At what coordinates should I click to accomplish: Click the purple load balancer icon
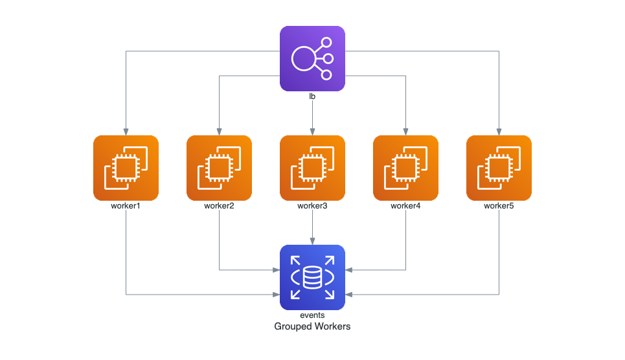click(x=312, y=58)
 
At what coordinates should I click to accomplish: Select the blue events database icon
click(x=312, y=277)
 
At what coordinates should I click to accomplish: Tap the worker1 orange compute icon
click(x=126, y=168)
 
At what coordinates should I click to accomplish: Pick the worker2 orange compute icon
click(x=219, y=168)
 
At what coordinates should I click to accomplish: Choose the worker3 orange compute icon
click(x=312, y=168)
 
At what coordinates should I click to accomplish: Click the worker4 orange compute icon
click(x=405, y=168)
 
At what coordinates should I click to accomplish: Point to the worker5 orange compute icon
click(x=499, y=168)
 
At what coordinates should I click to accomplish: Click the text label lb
click(x=312, y=96)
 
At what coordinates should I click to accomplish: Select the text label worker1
click(x=126, y=206)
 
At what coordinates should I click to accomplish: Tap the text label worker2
click(x=219, y=206)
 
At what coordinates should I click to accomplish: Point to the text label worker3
click(x=312, y=206)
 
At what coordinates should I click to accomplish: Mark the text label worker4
click(x=405, y=206)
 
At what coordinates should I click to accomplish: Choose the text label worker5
click(x=499, y=206)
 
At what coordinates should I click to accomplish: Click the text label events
click(x=312, y=315)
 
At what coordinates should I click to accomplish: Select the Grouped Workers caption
click(x=312, y=326)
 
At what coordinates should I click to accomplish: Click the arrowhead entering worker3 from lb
click(x=312, y=131)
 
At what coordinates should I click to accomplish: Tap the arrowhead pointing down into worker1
click(x=126, y=131)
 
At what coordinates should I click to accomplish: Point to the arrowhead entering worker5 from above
click(x=499, y=131)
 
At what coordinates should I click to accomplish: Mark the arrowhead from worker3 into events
click(x=312, y=241)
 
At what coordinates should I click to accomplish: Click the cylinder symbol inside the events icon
click(x=312, y=278)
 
